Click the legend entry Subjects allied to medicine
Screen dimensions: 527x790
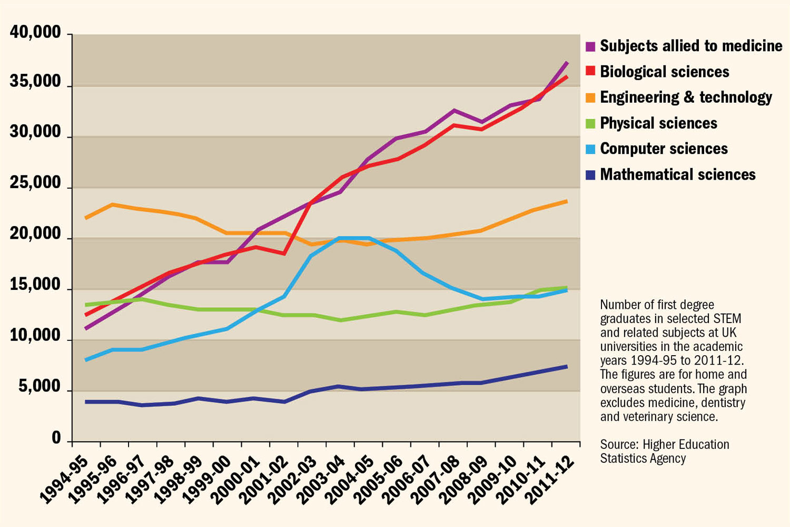(x=691, y=46)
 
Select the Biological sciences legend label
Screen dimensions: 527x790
(x=665, y=72)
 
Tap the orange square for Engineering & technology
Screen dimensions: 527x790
(x=590, y=97)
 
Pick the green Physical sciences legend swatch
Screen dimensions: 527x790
(x=590, y=123)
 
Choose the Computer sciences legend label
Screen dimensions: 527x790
(x=664, y=149)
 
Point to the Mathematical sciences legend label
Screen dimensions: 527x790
(x=678, y=174)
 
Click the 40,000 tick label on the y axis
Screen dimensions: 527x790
(x=35, y=33)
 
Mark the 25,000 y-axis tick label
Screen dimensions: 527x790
(x=35, y=183)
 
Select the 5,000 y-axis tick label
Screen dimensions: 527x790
(x=39, y=387)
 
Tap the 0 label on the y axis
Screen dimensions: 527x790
(x=56, y=438)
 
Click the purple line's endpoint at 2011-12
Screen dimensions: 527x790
(x=567, y=63)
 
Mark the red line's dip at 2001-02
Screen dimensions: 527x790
(x=284, y=253)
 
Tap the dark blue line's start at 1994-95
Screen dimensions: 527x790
(x=86, y=402)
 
